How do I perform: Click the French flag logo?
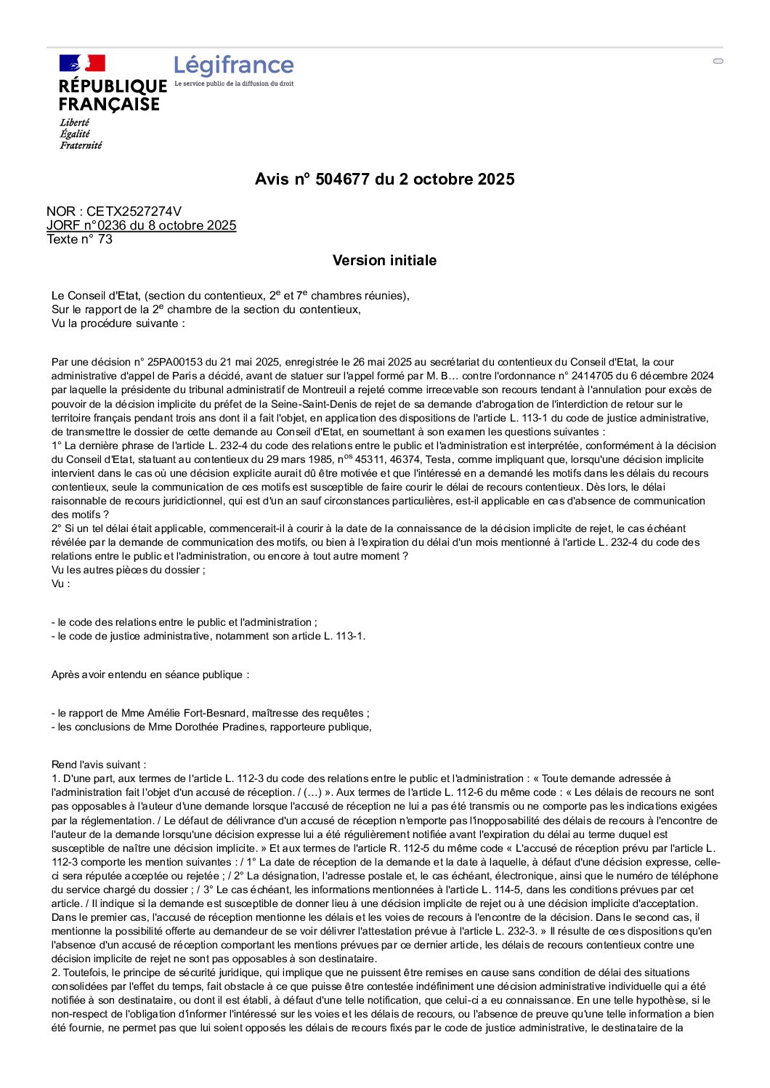point(82,63)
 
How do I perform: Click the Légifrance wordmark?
point(234,65)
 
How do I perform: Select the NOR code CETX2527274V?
point(134,211)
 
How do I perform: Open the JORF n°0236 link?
point(142,225)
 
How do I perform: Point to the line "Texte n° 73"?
point(80,239)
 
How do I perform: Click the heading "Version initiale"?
point(384,260)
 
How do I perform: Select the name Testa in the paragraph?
point(438,459)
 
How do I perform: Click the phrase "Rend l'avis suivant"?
point(97,765)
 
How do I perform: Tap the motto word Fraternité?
point(81,145)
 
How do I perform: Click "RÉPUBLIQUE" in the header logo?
point(113,86)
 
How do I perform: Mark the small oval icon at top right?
point(718,61)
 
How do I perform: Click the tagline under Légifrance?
point(234,84)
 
